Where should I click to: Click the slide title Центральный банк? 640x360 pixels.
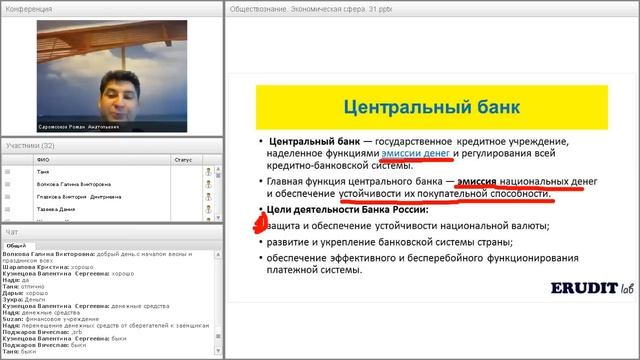pyautogui.click(x=414, y=106)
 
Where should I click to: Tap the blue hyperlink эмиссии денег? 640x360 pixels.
pyautogui.click(x=416, y=154)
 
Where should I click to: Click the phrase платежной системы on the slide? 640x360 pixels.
pyautogui.click(x=311, y=270)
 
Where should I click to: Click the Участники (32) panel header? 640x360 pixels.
pyautogui.click(x=30, y=146)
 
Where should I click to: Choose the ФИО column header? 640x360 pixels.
pyautogui.click(x=41, y=158)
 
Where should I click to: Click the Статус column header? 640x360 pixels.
pyautogui.click(x=182, y=158)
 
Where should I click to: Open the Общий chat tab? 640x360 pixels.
pyautogui.click(x=15, y=244)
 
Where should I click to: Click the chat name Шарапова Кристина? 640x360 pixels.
pyautogui.click(x=27, y=268)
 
